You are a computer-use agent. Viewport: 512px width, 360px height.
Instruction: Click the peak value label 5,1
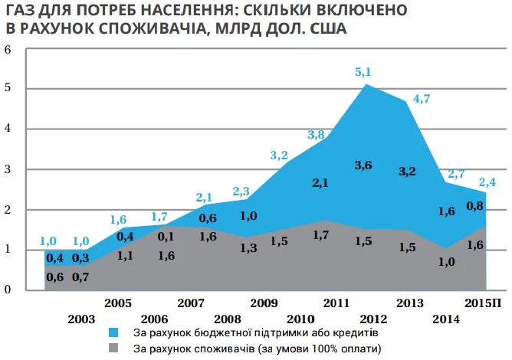[x=363, y=72]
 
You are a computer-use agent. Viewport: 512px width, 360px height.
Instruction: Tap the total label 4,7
[x=422, y=98]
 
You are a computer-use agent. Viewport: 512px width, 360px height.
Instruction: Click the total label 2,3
[x=241, y=191]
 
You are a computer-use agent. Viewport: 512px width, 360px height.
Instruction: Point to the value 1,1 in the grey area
[x=126, y=257]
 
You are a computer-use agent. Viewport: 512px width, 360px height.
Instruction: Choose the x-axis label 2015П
[x=484, y=303]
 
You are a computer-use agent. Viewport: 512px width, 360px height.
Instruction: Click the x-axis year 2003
[x=81, y=319]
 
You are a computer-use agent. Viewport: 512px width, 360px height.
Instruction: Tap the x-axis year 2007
[x=190, y=303]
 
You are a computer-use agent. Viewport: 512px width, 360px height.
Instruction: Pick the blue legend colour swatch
[x=113, y=333]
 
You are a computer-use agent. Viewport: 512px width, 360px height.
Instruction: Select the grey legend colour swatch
[x=113, y=348]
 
